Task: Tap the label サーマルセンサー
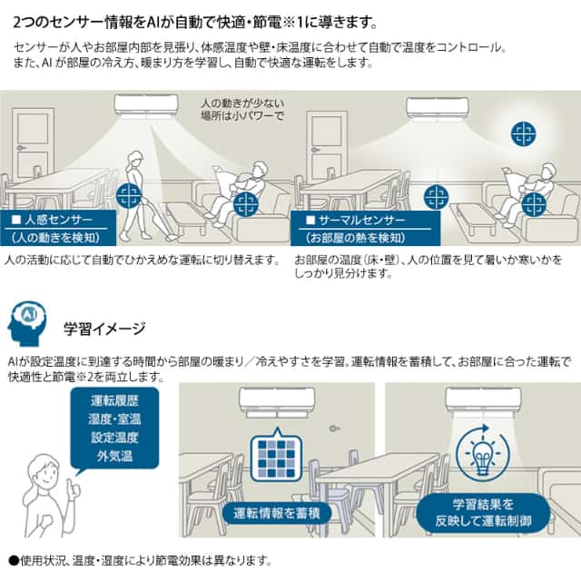pos(349,222)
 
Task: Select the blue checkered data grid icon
pos(275,458)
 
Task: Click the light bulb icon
pos(482,453)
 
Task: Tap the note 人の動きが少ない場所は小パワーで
pos(241,109)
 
